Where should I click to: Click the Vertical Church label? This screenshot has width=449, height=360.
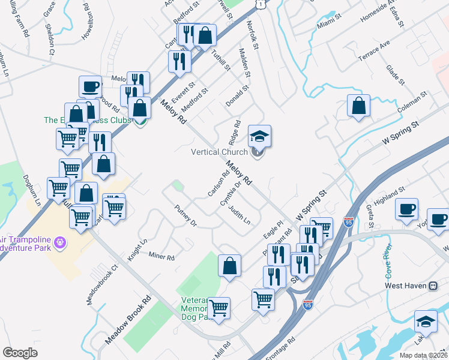coord(219,152)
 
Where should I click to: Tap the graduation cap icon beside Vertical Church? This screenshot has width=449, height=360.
coord(259,136)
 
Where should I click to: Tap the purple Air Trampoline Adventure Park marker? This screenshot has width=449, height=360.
coord(59,242)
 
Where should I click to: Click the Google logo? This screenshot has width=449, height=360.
coord(20,353)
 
